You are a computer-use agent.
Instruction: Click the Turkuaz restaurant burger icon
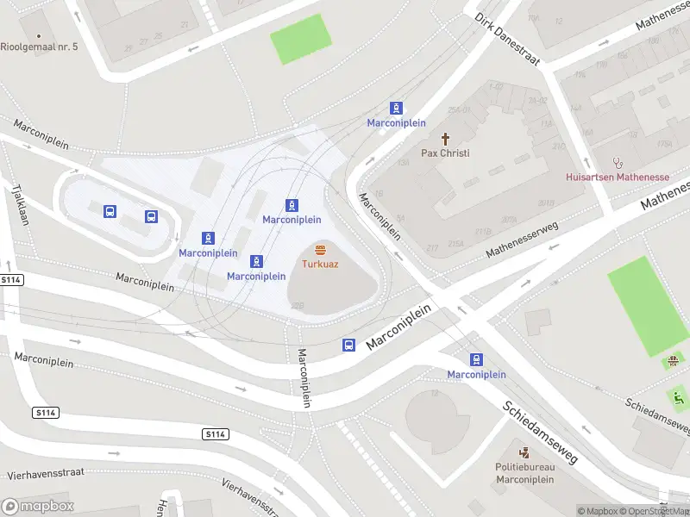pos(320,250)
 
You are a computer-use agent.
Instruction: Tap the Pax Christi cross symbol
pos(446,139)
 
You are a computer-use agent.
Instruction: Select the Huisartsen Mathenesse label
pos(617,177)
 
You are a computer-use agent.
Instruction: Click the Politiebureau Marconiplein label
pos(524,473)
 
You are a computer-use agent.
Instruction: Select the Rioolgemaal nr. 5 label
pos(39,46)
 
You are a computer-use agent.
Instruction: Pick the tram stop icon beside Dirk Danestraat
pos(396,108)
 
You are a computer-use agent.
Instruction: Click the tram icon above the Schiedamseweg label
pos(476,359)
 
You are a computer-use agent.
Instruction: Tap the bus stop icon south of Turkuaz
pos(349,345)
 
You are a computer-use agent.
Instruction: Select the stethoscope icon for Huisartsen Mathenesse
pos(617,162)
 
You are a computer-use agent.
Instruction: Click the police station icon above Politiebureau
pos(524,452)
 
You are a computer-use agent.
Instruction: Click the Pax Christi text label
pos(445,153)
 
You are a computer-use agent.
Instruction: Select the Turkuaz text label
pos(320,264)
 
